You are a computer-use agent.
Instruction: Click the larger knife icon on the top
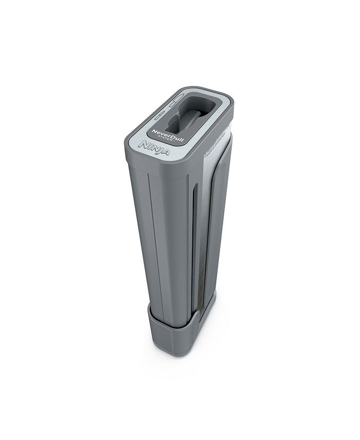pos(177,98)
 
